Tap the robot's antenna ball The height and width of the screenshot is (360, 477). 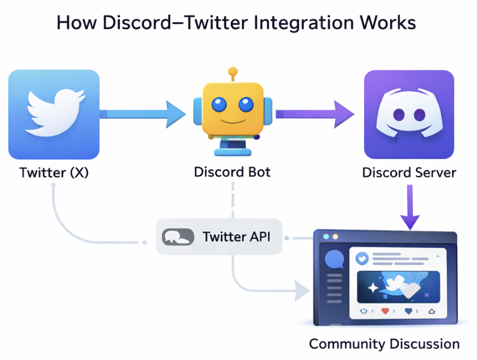pos(232,72)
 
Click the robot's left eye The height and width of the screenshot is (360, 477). pos(219,104)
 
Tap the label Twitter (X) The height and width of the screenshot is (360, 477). pos(54,172)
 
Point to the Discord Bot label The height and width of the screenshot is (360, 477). pos(232,171)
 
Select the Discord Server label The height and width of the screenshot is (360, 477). pos(409,172)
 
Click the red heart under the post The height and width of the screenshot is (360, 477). pos(385,311)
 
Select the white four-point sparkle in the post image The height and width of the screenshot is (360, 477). pos(373,288)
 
